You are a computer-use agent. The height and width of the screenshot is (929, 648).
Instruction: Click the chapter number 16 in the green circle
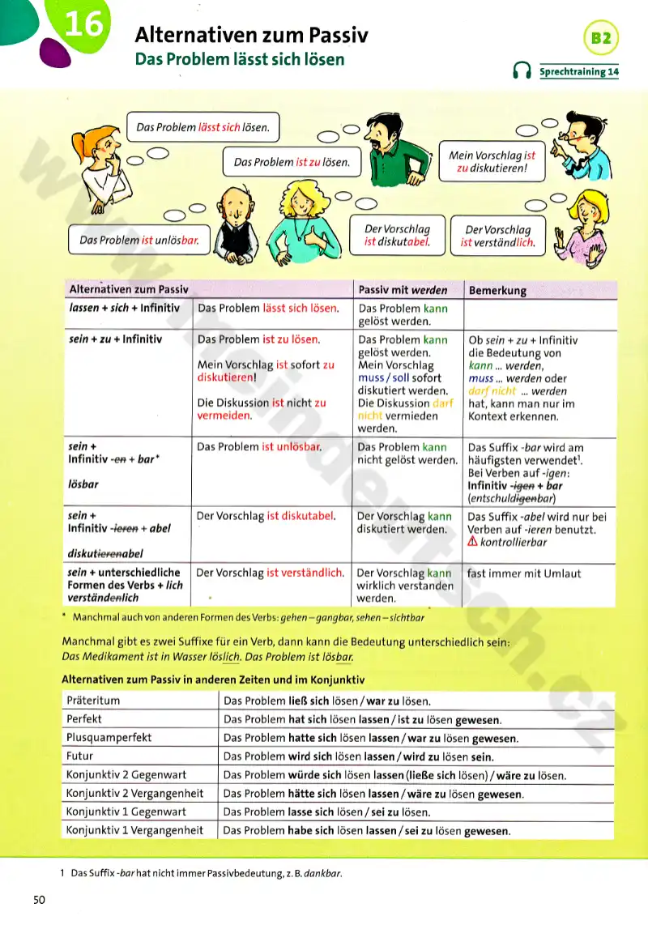(83, 26)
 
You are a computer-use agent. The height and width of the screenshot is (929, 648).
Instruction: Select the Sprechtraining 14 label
(578, 72)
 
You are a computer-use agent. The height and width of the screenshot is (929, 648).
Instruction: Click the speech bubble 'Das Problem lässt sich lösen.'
(202, 127)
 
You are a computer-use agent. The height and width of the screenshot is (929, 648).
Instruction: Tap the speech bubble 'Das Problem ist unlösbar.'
(139, 240)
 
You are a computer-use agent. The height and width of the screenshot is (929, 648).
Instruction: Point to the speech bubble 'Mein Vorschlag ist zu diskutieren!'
(492, 162)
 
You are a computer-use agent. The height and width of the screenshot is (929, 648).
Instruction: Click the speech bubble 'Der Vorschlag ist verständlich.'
(498, 236)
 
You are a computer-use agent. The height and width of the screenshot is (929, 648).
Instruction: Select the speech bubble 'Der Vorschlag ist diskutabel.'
(396, 235)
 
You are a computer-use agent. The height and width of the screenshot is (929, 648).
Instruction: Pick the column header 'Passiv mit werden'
(403, 289)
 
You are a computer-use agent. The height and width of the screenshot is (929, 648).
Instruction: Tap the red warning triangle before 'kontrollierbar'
(473, 543)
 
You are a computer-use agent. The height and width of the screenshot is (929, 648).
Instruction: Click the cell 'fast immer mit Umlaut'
(522, 573)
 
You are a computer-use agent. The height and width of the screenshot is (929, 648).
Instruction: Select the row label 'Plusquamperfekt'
(109, 738)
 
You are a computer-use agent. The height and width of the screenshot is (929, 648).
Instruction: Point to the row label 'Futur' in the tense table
(80, 756)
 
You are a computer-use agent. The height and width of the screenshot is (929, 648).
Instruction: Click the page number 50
(40, 900)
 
